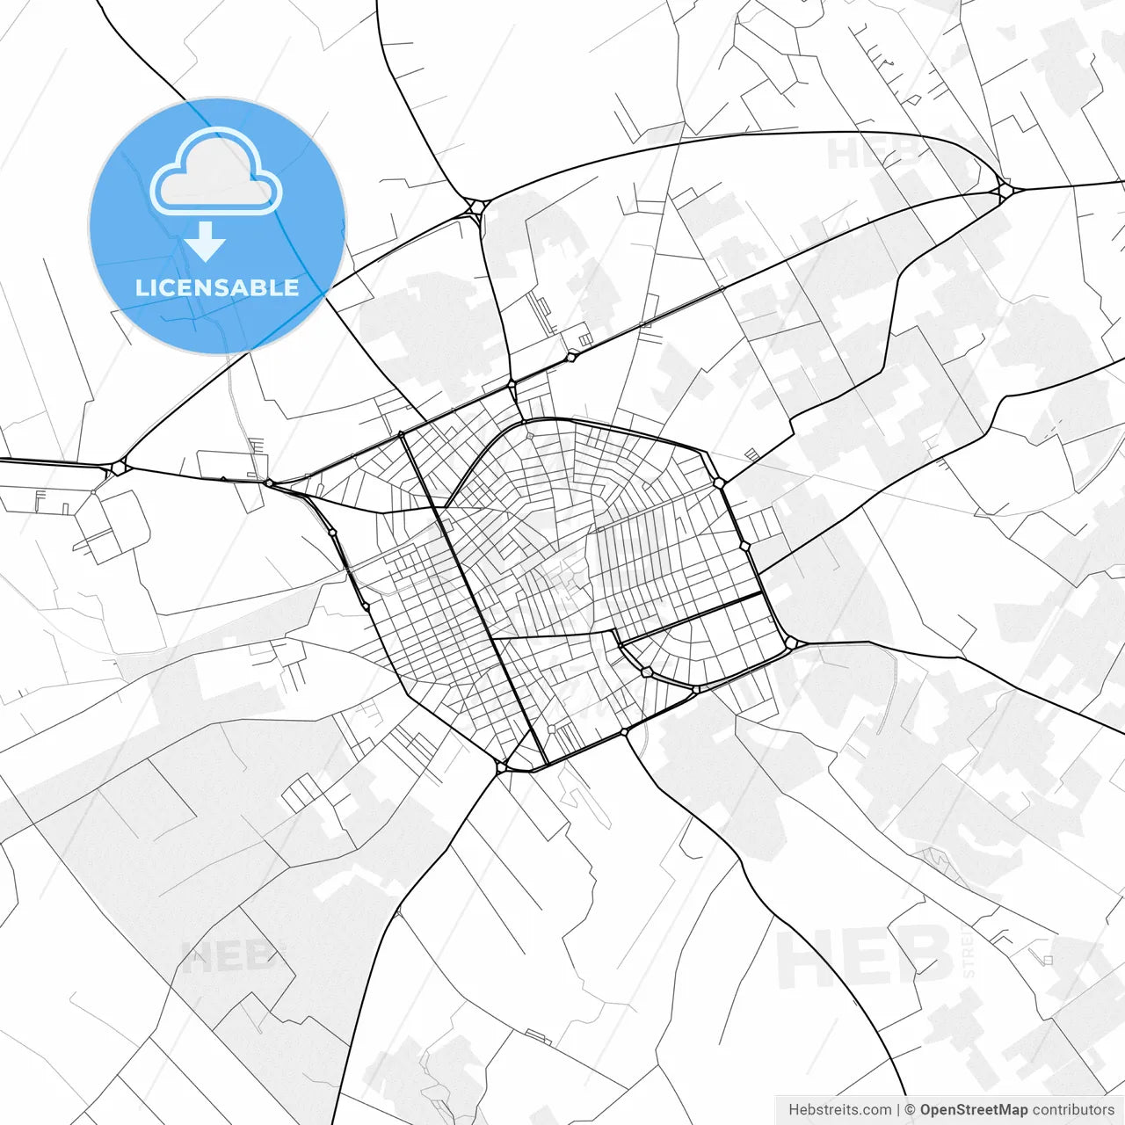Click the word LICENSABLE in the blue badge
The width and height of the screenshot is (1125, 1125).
coord(217,287)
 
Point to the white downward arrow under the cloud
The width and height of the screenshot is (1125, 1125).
coord(207,241)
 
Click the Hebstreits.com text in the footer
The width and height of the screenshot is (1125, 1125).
coord(840,1110)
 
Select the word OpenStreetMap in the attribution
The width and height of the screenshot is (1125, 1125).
coord(974,1110)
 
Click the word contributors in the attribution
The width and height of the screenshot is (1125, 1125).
coord(1073,1110)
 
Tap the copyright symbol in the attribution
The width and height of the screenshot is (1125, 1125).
coord(911,1110)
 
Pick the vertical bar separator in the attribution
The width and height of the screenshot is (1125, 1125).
coord(898,1110)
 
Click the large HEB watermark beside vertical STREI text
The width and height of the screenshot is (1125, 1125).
coord(866,958)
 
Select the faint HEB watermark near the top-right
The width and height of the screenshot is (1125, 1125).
coord(870,153)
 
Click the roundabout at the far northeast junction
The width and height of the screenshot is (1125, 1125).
coord(1004,189)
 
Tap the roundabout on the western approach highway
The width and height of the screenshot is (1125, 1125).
coord(119,468)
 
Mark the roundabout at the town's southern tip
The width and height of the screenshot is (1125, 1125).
coord(502,767)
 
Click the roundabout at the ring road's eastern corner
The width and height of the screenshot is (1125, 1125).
coord(791,643)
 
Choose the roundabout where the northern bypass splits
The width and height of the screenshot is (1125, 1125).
coord(475,207)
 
